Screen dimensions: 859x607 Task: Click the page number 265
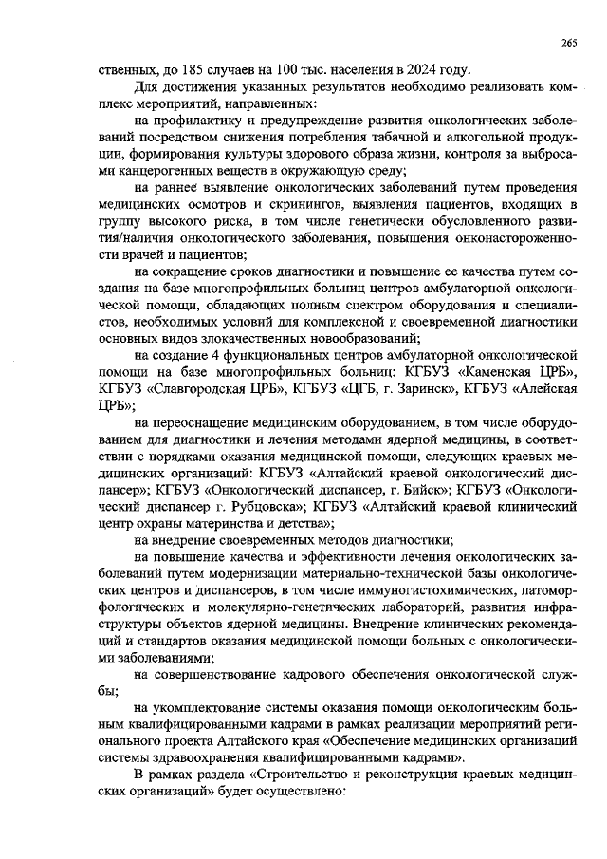[569, 43]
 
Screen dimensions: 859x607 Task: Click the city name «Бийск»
[420, 491]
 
